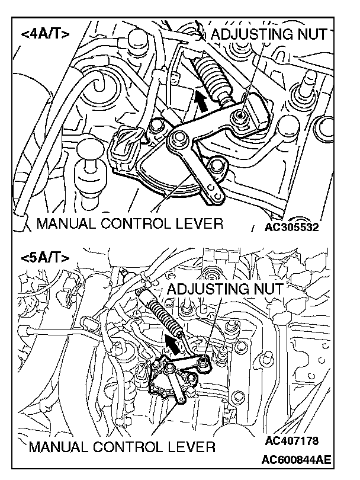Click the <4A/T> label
coord(45,34)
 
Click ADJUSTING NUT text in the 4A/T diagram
coord(268,34)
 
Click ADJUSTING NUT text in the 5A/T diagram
coord(225,289)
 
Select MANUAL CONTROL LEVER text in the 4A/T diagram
coord(130,224)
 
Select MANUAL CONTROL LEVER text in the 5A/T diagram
coord(121,446)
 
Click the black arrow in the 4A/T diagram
coord(203,101)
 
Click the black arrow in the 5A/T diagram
coord(173,343)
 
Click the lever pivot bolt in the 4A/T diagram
coord(176,140)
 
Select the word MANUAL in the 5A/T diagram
coord(55,446)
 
